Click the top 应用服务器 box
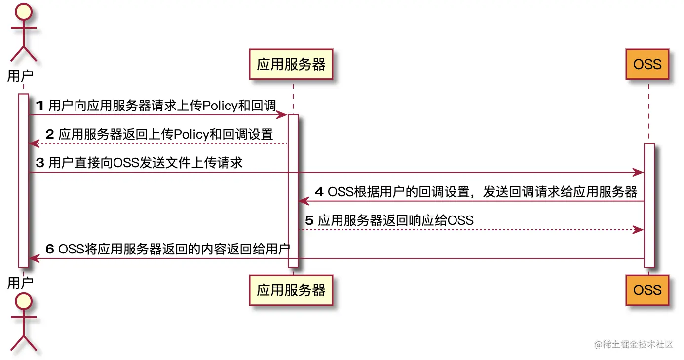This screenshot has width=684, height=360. tap(291, 64)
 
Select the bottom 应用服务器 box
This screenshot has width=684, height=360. tap(291, 290)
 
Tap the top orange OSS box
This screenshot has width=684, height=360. tap(647, 64)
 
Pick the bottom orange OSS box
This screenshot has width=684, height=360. tap(647, 290)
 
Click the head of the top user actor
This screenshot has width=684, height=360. tap(24, 10)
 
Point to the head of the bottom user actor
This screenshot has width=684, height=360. tap(24, 301)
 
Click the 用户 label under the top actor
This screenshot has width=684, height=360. tap(20, 76)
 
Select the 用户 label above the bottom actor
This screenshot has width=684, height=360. tap(20, 283)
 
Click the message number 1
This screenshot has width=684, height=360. tap(40, 105)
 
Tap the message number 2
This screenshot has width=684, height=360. tap(50, 134)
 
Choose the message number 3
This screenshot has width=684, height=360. tap(40, 163)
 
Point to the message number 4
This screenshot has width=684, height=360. tap(319, 192)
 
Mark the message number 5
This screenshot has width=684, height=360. tap(309, 220)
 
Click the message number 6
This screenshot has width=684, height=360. tap(50, 249)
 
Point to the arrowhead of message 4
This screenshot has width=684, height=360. tap(304, 201)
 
